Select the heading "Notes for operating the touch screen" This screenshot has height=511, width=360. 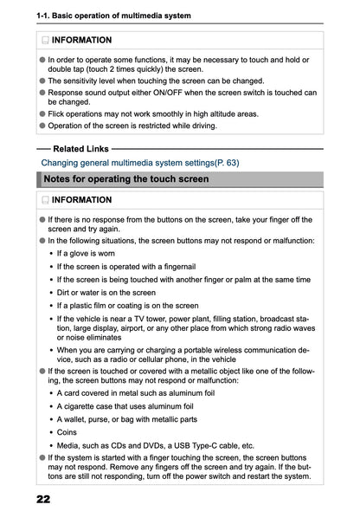click(x=126, y=179)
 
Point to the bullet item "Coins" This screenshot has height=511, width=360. click(x=67, y=430)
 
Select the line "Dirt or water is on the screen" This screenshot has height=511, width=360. click(x=106, y=293)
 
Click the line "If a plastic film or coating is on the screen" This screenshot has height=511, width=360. click(x=127, y=306)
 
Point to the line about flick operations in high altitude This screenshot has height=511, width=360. click(x=152, y=113)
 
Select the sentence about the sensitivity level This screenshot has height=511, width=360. click(x=156, y=81)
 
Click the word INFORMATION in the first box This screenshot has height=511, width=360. click(x=81, y=41)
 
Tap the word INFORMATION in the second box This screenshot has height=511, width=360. click(x=81, y=200)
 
